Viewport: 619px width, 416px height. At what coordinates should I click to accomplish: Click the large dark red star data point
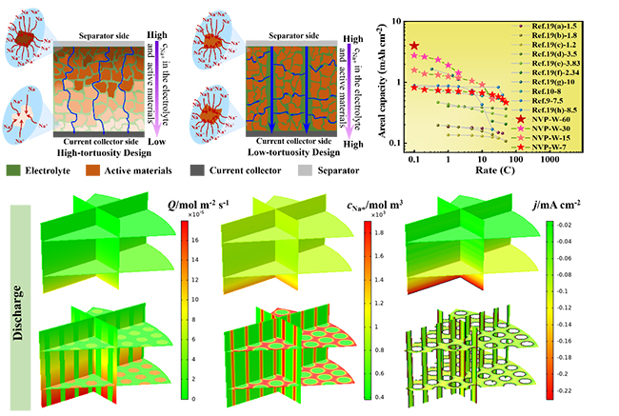[413, 46]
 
